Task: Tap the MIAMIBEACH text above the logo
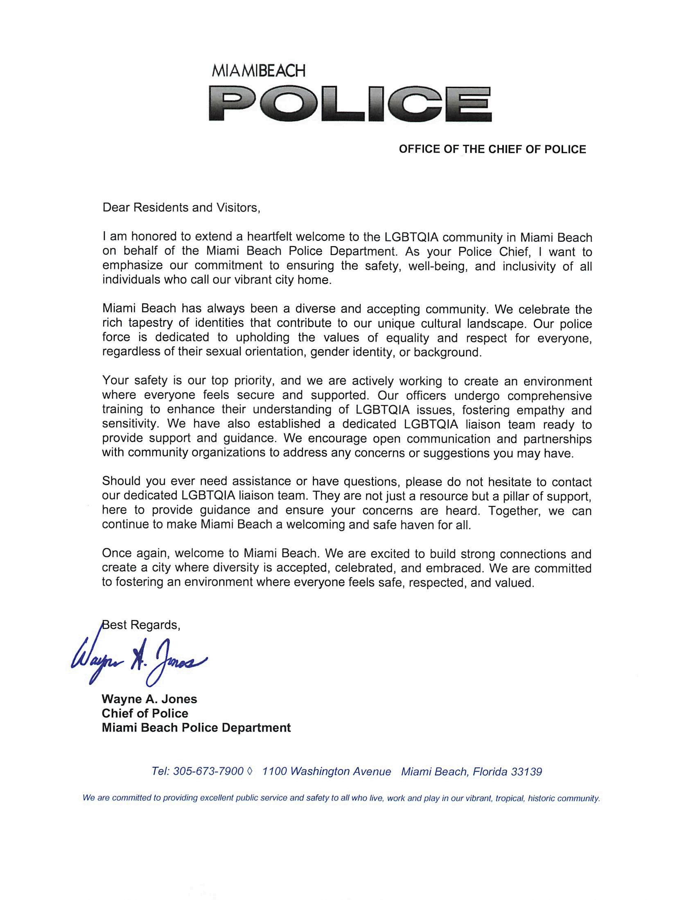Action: (x=259, y=71)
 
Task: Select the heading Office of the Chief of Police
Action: (x=492, y=149)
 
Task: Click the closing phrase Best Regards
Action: (x=141, y=625)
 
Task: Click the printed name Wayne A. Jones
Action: (x=149, y=699)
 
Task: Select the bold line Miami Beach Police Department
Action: (x=196, y=728)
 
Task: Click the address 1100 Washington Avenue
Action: (x=327, y=772)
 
